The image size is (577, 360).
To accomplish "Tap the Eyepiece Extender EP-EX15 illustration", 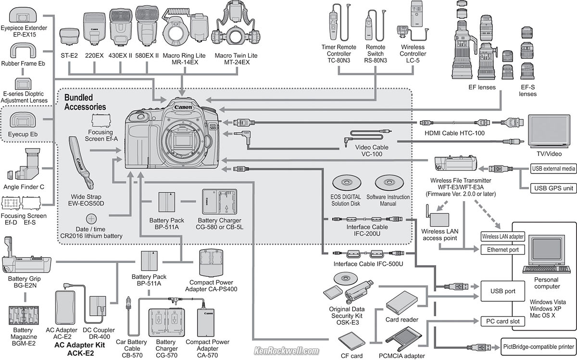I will tap(25, 17).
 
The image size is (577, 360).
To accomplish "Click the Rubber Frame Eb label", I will tap(25, 63).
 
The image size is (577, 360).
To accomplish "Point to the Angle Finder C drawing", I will tap(24, 166).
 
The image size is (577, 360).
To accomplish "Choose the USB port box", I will tap(502, 291).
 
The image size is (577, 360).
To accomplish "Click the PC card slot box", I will tap(502, 321).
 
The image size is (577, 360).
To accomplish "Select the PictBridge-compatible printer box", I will tap(538, 346).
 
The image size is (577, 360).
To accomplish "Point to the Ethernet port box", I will tap(502, 249).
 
